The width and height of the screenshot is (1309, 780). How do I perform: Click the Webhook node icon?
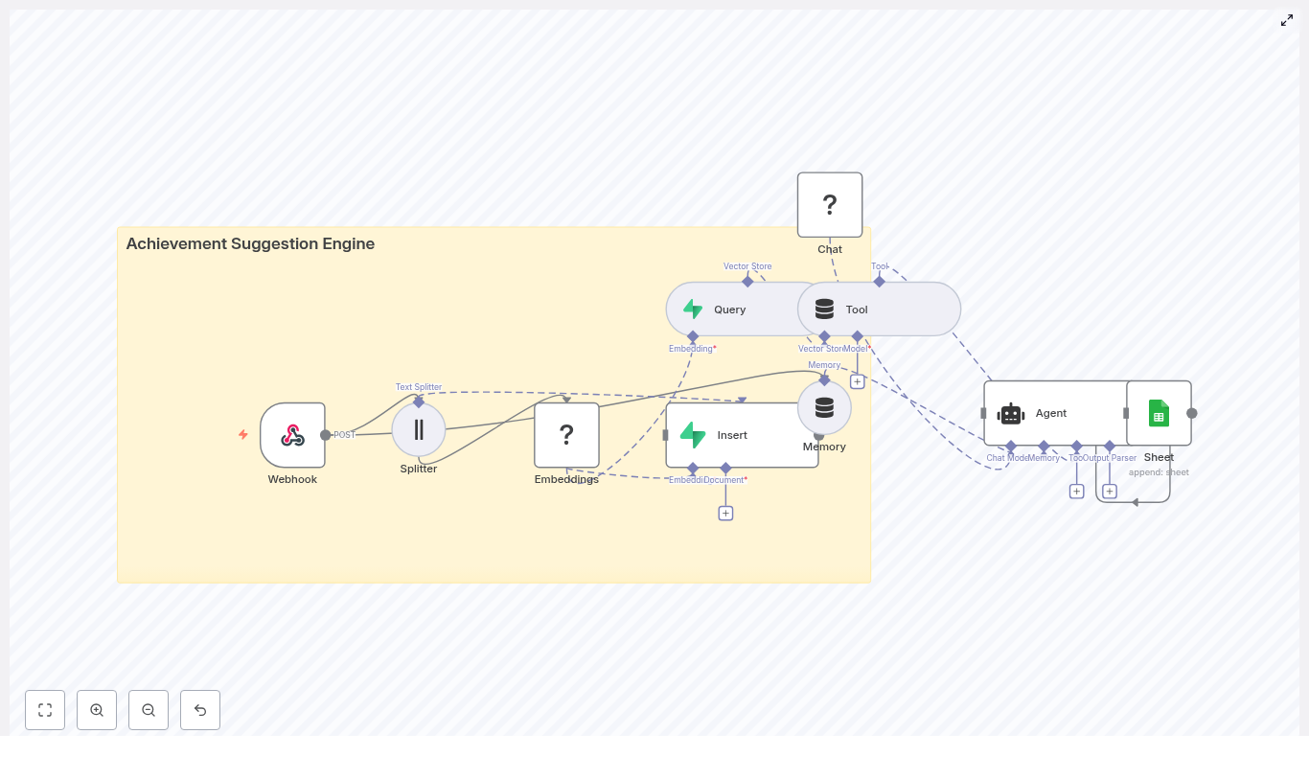coord(292,435)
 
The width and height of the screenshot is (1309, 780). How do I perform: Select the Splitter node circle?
coord(419,429)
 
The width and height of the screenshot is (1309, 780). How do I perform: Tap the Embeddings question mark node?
coord(566,435)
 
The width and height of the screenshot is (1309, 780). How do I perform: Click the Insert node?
coord(742,435)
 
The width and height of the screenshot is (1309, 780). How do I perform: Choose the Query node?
coord(728,310)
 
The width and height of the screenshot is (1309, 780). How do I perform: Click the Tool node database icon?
coord(824,310)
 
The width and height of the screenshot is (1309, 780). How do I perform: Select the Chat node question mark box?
coord(830,205)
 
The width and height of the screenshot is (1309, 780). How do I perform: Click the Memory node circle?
coord(824,408)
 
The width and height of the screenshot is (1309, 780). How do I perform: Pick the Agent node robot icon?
coord(1011,414)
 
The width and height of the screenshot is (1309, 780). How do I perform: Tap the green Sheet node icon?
coord(1159,413)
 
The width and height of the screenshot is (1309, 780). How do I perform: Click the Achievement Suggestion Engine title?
coord(250,243)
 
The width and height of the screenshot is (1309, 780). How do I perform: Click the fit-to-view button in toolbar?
coord(45,710)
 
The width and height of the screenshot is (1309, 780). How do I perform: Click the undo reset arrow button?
coord(200,710)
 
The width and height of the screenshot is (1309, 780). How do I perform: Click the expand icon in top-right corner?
coord(1287,20)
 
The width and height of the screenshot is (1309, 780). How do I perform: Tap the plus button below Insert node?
coord(725,514)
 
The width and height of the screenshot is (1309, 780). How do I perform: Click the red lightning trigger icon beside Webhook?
coord(243,435)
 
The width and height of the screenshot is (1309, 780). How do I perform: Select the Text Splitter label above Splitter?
coord(419,387)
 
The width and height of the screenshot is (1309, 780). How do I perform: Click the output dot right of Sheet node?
coord(1192,413)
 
